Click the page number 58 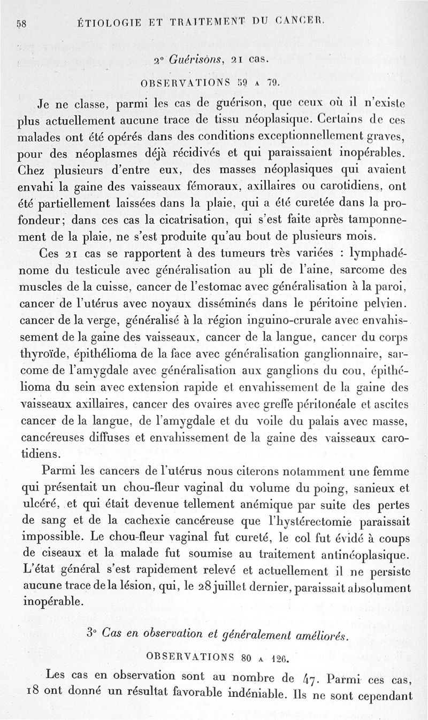click(x=22, y=23)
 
